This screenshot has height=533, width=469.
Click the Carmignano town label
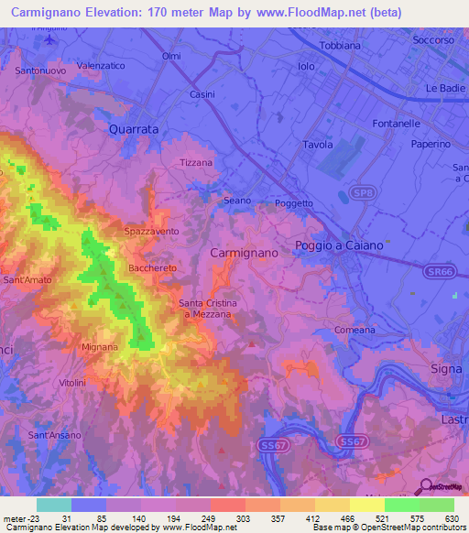pos(244,251)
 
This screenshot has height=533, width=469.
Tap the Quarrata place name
pos(134,130)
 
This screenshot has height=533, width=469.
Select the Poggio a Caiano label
pos(339,245)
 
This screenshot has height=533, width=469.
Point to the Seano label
pos(237,200)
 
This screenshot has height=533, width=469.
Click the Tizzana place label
pos(196,162)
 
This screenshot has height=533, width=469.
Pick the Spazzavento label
pos(152,233)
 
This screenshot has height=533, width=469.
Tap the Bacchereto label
pos(152,267)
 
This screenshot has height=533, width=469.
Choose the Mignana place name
pos(100,348)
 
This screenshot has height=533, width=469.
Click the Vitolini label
pos(71,382)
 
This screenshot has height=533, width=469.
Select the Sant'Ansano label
pos(60,434)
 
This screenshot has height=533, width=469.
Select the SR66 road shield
pos(441,272)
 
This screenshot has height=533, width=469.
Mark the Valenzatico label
pos(100,66)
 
